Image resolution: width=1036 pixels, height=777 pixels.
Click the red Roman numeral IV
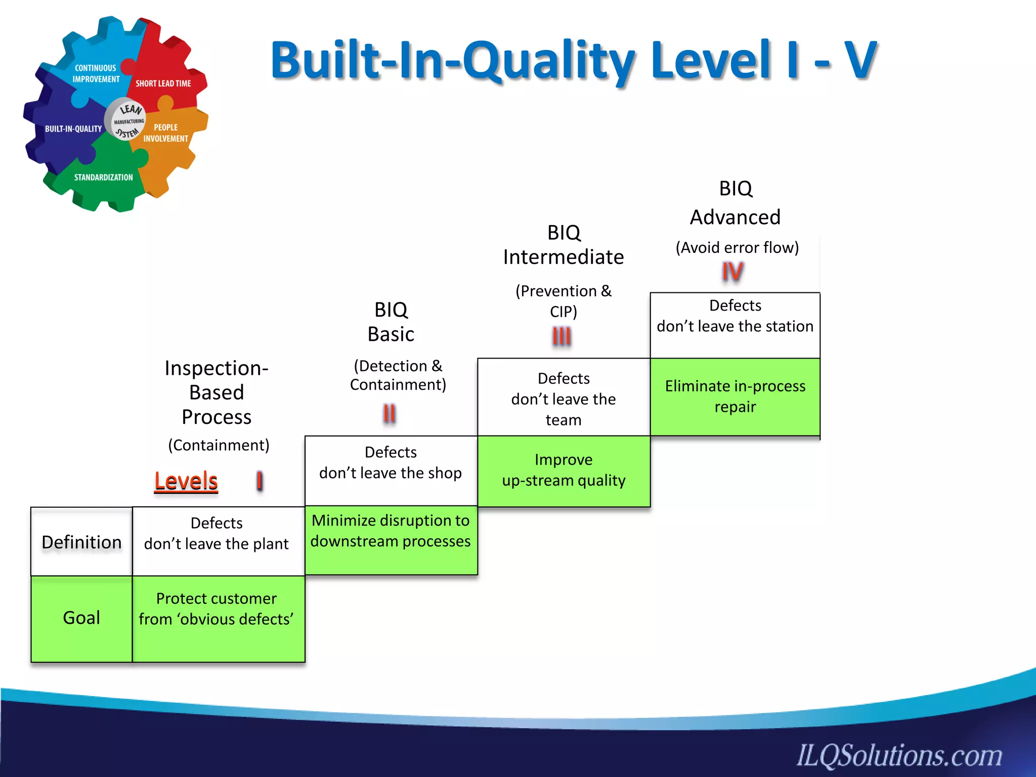click(732, 272)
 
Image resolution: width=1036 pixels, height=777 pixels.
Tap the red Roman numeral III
click(562, 336)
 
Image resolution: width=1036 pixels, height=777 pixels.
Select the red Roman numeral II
click(389, 414)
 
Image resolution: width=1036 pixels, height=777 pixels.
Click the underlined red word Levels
click(186, 481)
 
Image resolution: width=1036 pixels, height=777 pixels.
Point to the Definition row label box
click(81, 542)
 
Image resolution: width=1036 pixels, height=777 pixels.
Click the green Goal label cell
click(81, 618)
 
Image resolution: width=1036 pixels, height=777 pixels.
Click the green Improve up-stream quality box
click(564, 471)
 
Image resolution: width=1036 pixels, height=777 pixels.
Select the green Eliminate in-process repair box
click(735, 397)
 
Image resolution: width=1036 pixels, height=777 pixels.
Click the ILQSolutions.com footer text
click(899, 755)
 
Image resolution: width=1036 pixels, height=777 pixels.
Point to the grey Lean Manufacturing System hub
click(126, 120)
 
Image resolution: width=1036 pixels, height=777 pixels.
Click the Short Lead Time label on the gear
click(163, 83)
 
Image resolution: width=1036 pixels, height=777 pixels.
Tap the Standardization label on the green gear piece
click(103, 178)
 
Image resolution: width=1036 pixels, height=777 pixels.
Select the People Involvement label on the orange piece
click(166, 133)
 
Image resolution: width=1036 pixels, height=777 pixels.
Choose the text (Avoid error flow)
click(737, 247)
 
